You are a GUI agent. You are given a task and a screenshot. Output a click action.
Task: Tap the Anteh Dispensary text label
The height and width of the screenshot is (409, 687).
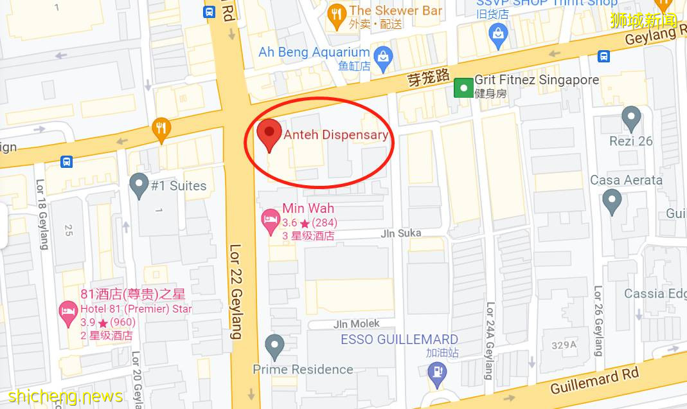click(335, 134)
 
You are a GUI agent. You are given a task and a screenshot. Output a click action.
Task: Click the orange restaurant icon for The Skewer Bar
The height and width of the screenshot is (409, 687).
click(336, 14)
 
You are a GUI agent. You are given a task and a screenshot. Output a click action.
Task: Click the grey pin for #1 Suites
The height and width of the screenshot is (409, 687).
click(139, 186)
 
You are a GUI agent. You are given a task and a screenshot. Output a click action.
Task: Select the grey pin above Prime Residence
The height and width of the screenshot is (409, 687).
click(275, 347)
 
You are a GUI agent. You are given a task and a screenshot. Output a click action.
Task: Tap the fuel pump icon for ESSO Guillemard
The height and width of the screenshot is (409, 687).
click(438, 373)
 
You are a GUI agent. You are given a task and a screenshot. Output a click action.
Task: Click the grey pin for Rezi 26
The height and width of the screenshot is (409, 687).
click(632, 119)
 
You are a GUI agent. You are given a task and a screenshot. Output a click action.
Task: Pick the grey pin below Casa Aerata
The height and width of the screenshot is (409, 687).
click(612, 202)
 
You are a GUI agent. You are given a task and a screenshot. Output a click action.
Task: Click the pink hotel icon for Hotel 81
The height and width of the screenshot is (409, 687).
click(68, 314)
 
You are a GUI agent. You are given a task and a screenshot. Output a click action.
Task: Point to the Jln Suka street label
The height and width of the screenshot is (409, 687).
click(400, 233)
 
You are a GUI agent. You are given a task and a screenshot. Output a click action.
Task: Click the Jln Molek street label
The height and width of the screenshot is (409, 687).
click(356, 323)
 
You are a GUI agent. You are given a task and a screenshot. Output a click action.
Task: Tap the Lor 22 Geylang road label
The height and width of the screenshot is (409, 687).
click(236, 291)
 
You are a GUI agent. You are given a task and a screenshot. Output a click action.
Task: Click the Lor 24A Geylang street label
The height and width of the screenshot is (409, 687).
click(490, 340)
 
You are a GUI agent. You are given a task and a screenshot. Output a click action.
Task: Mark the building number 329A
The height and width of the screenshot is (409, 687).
click(564, 345)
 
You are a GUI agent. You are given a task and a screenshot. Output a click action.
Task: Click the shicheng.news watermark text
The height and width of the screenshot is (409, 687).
click(66, 395)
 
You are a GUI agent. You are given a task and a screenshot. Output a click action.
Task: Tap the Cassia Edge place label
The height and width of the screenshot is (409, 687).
click(654, 293)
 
